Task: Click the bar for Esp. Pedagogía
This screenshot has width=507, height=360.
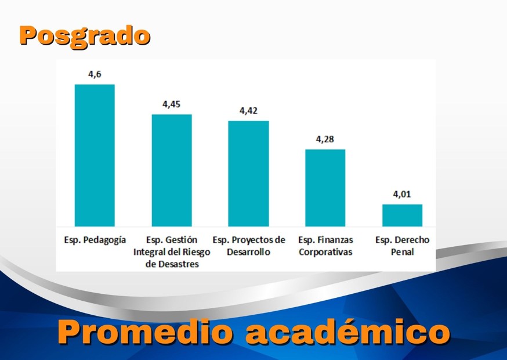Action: pos(95,155)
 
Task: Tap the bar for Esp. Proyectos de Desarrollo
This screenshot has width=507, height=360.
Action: pos(248,174)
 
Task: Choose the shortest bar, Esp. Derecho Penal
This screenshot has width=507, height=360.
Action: pos(402,215)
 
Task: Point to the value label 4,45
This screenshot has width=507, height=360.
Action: pos(171,104)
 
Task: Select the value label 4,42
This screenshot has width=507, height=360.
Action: pos(248,110)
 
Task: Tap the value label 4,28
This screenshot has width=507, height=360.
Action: pos(325,139)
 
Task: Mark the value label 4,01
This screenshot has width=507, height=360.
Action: pos(402,194)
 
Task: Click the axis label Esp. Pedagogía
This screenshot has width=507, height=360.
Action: pos(95,240)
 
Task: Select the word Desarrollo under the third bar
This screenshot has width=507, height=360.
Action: pos(249,252)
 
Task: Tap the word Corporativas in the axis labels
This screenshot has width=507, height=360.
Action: pos(325,252)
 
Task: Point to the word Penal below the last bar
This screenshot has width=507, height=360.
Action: pos(402,252)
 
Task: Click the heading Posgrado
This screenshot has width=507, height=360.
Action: pos(85,35)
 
